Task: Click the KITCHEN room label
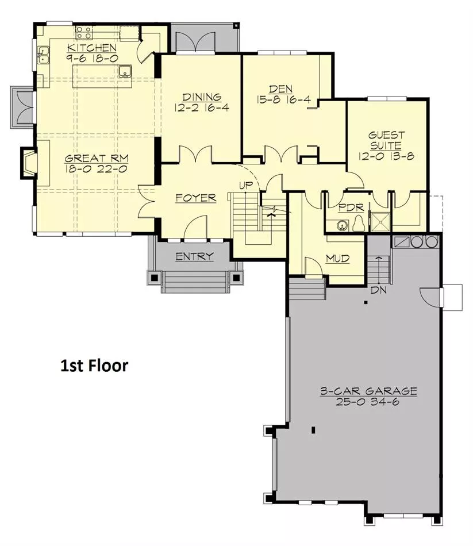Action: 92,48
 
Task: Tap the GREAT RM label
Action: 97,159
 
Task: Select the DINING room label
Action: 202,97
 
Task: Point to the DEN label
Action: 280,89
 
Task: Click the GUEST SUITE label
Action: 386,140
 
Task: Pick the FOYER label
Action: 196,198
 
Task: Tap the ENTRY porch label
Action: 194,257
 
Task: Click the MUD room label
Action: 337,259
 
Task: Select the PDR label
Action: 351,208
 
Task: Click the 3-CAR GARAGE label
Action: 368,391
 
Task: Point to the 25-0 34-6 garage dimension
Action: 367,402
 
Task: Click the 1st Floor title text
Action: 94,366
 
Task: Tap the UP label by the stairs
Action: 246,186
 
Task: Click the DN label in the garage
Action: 379,290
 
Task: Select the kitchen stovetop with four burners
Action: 84,32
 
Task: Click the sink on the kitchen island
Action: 124,71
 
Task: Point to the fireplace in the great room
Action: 29,163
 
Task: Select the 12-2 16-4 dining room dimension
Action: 202,107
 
